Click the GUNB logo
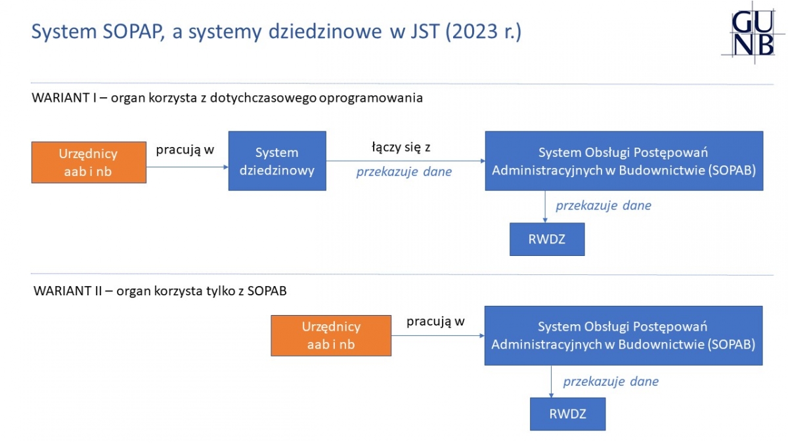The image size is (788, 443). [753, 33]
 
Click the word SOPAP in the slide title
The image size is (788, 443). [134, 32]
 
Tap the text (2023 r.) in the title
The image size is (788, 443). [483, 32]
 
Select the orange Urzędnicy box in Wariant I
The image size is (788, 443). [89, 163]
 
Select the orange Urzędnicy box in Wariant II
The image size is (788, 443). [331, 335]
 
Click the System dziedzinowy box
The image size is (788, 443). [277, 161]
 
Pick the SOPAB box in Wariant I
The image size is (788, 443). [624, 161]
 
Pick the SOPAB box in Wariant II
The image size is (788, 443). [623, 335]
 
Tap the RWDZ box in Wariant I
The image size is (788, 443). [547, 239]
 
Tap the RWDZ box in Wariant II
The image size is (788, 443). [568, 414]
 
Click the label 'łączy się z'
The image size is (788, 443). [401, 147]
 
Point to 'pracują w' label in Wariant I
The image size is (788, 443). [185, 150]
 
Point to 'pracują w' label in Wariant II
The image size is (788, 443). [435, 322]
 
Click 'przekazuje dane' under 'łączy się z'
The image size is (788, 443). [404, 171]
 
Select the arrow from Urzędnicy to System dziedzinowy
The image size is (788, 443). [188, 167]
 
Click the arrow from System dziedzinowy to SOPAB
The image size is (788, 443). [406, 161]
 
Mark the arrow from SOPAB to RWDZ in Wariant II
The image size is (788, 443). [551, 381]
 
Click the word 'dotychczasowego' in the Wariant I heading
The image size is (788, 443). [263, 98]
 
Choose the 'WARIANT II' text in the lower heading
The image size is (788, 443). [68, 291]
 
